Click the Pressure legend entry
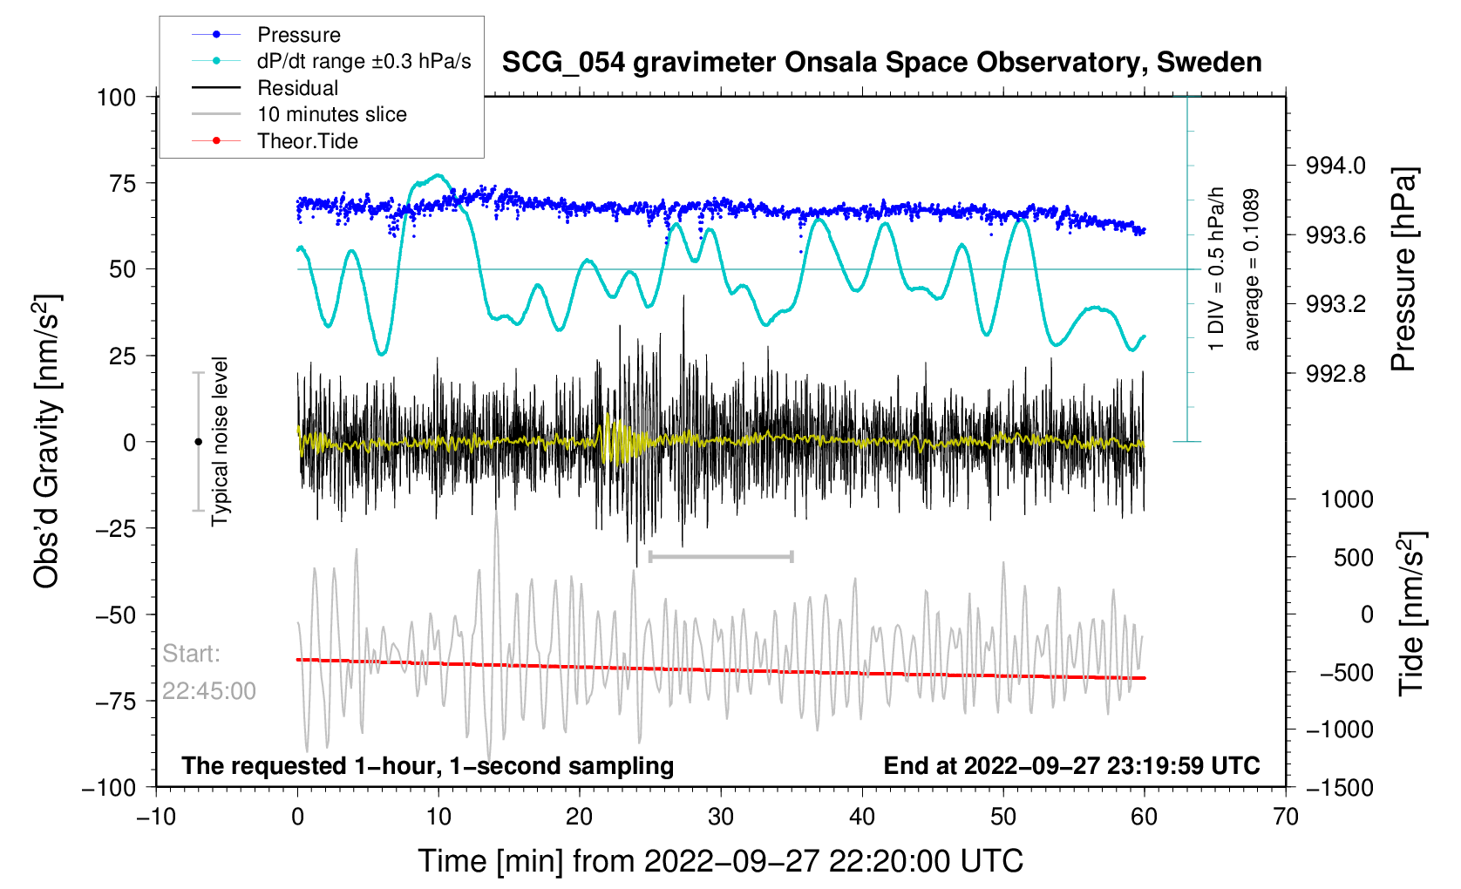(x=298, y=35)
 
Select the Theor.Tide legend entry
(x=307, y=141)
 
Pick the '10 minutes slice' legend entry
(x=331, y=114)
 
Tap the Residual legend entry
(x=297, y=88)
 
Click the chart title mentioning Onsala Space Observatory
(x=881, y=63)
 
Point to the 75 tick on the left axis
(x=117, y=183)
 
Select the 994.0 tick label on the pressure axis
(x=1335, y=166)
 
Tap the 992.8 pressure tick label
(x=1335, y=374)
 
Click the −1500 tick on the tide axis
(x=1339, y=788)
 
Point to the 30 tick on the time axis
(x=721, y=818)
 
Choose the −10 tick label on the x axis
(x=156, y=818)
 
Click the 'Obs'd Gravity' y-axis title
(x=47, y=441)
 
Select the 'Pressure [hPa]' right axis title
(x=1404, y=270)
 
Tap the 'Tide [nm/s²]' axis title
(x=1412, y=614)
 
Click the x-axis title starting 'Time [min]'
(x=720, y=861)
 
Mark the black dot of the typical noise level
(x=198, y=442)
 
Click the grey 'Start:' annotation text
(x=192, y=654)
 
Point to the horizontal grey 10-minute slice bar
(x=721, y=556)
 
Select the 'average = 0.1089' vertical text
(x=1252, y=270)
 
